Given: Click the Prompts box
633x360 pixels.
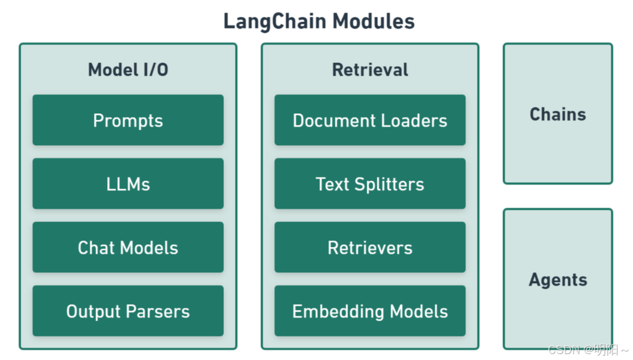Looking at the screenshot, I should click(128, 120).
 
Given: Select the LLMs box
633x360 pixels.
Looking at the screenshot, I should click(128, 184).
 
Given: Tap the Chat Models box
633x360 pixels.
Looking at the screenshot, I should click(128, 247).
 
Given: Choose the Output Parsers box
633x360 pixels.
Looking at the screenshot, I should click(128, 311).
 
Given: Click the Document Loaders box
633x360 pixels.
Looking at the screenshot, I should click(370, 120).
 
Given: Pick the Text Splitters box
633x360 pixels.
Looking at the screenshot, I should click(370, 184).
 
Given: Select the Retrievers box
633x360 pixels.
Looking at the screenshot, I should click(370, 247).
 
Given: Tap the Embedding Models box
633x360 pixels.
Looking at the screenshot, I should click(370, 311).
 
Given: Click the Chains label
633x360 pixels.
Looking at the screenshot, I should click(557, 114).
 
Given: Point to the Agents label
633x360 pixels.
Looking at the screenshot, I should click(557, 280).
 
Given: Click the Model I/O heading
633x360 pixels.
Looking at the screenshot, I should click(128, 70).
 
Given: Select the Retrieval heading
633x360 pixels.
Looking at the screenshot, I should click(370, 70).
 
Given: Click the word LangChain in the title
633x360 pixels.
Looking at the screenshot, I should click(274, 22).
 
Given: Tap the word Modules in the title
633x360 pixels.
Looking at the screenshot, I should click(373, 22).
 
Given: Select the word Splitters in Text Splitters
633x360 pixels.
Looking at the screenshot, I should click(389, 184).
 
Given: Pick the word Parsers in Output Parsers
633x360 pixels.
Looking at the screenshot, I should click(160, 312).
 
